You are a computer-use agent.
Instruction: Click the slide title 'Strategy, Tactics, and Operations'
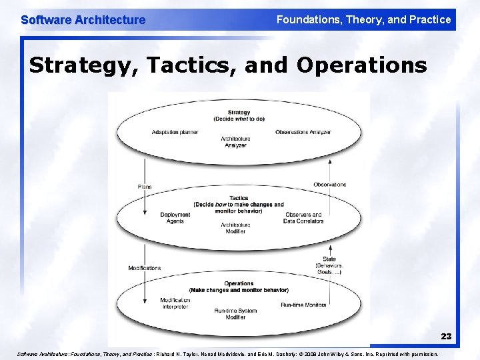228,65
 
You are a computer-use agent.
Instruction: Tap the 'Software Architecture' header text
83,20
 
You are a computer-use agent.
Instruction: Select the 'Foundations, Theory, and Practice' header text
363,20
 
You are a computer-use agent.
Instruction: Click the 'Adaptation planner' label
175,132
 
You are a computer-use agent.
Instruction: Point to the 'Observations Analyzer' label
303,132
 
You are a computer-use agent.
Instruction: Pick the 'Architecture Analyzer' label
235,141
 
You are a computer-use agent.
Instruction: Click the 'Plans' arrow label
144,187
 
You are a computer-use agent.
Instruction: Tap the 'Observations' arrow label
329,184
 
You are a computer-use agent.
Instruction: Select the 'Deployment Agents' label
175,217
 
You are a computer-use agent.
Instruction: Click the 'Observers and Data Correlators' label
303,217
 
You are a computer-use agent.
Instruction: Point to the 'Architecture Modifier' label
235,227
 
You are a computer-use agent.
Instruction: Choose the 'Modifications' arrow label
145,268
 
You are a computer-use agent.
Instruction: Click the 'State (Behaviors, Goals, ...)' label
329,265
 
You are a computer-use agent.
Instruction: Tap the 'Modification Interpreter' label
175,303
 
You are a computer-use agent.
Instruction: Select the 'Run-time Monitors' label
303,305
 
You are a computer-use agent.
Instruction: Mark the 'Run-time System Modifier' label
235,314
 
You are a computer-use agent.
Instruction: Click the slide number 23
446,337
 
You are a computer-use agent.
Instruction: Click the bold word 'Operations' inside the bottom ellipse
239,283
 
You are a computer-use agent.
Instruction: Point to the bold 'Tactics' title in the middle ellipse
239,198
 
